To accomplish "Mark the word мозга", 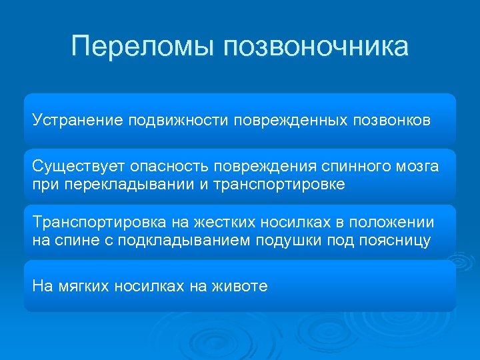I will tap(416, 166).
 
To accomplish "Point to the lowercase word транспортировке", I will tap(279, 184).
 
